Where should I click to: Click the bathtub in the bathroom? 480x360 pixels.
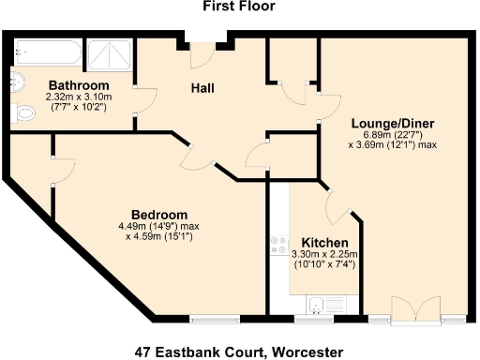point(48,52)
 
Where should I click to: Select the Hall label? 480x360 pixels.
point(202,88)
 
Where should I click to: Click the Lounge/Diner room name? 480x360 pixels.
point(393,124)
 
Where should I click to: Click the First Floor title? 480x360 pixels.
point(239,7)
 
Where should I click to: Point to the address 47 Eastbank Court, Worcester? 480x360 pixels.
point(240,352)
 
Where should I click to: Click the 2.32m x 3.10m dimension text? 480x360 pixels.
point(79,97)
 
